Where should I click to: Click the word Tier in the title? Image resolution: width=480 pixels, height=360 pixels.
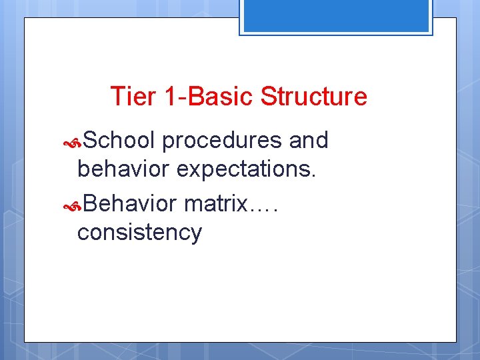coord(133,96)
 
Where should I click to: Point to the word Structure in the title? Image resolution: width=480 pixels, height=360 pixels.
coord(314,96)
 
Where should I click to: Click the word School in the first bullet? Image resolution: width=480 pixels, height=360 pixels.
coord(120,140)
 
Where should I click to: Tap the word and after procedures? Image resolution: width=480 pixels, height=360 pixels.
coord(309,140)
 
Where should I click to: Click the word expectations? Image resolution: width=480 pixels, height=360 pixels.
coord(244,170)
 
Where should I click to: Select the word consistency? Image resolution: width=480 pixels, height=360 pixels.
coord(139,233)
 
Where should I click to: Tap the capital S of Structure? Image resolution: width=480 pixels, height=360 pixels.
coord(269,96)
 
